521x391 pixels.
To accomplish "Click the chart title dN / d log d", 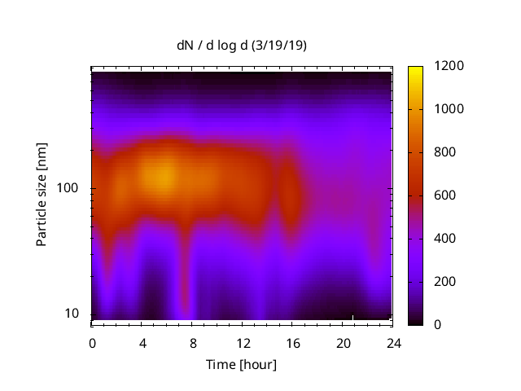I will (213, 46).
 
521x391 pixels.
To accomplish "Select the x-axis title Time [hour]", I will (242, 364).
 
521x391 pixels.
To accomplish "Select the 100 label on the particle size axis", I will (70, 189).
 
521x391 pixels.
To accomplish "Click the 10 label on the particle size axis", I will (73, 314).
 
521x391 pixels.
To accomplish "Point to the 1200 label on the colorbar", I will (450, 66).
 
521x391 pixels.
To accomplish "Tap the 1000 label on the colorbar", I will (450, 109).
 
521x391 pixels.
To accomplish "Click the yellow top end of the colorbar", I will (415, 70).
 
